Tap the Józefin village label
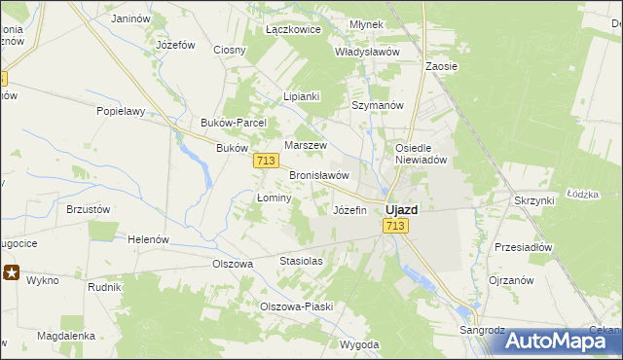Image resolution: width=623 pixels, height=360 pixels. pyautogui.click(x=349, y=210)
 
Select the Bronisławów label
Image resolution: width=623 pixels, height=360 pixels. pyautogui.click(x=319, y=175)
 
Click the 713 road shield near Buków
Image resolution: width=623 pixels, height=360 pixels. pyautogui.click(x=266, y=161)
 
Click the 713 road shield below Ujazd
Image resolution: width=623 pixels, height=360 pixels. pyautogui.click(x=394, y=226)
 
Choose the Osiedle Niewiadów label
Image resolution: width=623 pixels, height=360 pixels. pyautogui.click(x=420, y=155)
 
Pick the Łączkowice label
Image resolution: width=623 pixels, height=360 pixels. pyautogui.click(x=293, y=30)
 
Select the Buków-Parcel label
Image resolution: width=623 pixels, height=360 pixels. pyautogui.click(x=239, y=123)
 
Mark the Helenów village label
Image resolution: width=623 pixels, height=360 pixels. pyautogui.click(x=149, y=239)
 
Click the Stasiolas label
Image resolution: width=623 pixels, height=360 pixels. pyautogui.click(x=300, y=262)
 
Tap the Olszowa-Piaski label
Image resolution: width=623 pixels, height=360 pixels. pyautogui.click(x=296, y=306)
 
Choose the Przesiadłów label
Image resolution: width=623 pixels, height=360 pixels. pyautogui.click(x=523, y=247)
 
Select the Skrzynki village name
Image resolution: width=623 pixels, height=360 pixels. pyautogui.click(x=533, y=199)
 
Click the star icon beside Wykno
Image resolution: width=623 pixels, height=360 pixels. pyautogui.click(x=12, y=273)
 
